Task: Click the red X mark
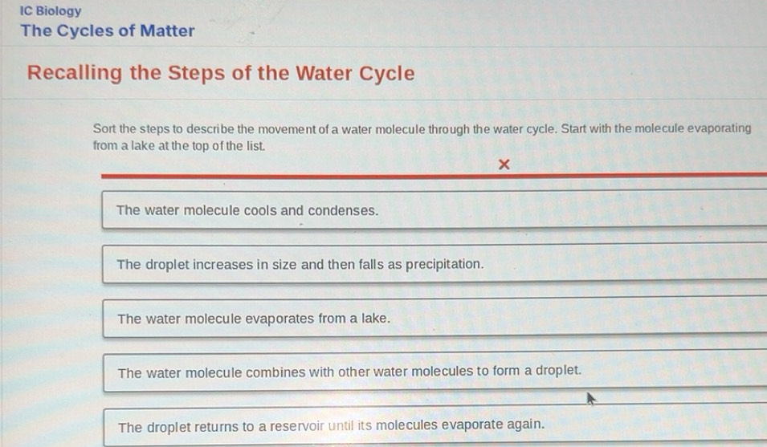coord(504,165)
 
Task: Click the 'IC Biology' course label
coord(51,11)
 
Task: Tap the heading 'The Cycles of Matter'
coord(108,31)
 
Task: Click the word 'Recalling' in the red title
coord(75,74)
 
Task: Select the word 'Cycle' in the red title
coord(387,74)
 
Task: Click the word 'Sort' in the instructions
coord(104,128)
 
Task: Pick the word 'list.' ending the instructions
coord(250,146)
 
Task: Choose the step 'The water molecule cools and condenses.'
coord(247,211)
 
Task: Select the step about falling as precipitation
coord(300,265)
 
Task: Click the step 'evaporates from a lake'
coord(254,319)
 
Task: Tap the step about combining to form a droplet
coord(349,372)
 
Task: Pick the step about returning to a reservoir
coord(331,425)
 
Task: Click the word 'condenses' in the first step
coord(342,211)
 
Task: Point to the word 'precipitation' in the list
coord(444,265)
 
